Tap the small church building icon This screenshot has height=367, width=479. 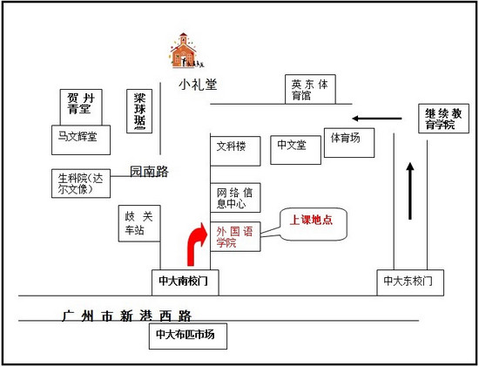(186, 51)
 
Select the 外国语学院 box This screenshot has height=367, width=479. (235, 237)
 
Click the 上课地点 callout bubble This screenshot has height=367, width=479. (314, 224)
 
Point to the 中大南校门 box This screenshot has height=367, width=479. (186, 282)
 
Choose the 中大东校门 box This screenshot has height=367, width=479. (410, 282)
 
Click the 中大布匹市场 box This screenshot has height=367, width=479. (188, 336)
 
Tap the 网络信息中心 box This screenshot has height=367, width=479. (235, 198)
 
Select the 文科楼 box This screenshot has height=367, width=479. (235, 151)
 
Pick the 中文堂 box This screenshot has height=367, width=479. (296, 150)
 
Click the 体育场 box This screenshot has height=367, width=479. (349, 143)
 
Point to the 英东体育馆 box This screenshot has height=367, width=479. (310, 89)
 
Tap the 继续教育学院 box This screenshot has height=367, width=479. (443, 119)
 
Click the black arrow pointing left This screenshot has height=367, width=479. (376, 119)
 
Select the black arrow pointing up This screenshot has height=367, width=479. (410, 191)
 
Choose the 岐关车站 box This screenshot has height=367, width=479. (139, 223)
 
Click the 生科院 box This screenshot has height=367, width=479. (81, 183)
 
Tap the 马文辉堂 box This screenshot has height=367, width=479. (81, 139)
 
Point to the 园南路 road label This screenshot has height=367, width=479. (149, 172)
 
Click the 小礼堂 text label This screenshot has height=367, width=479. (198, 84)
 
